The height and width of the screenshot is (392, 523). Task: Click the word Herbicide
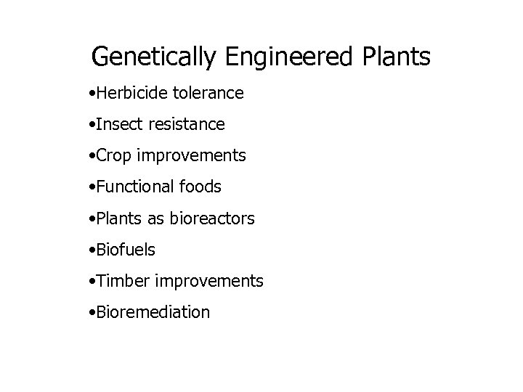[x=127, y=94]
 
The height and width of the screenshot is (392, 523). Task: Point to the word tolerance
[x=207, y=94]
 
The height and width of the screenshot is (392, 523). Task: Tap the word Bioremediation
[x=150, y=312]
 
